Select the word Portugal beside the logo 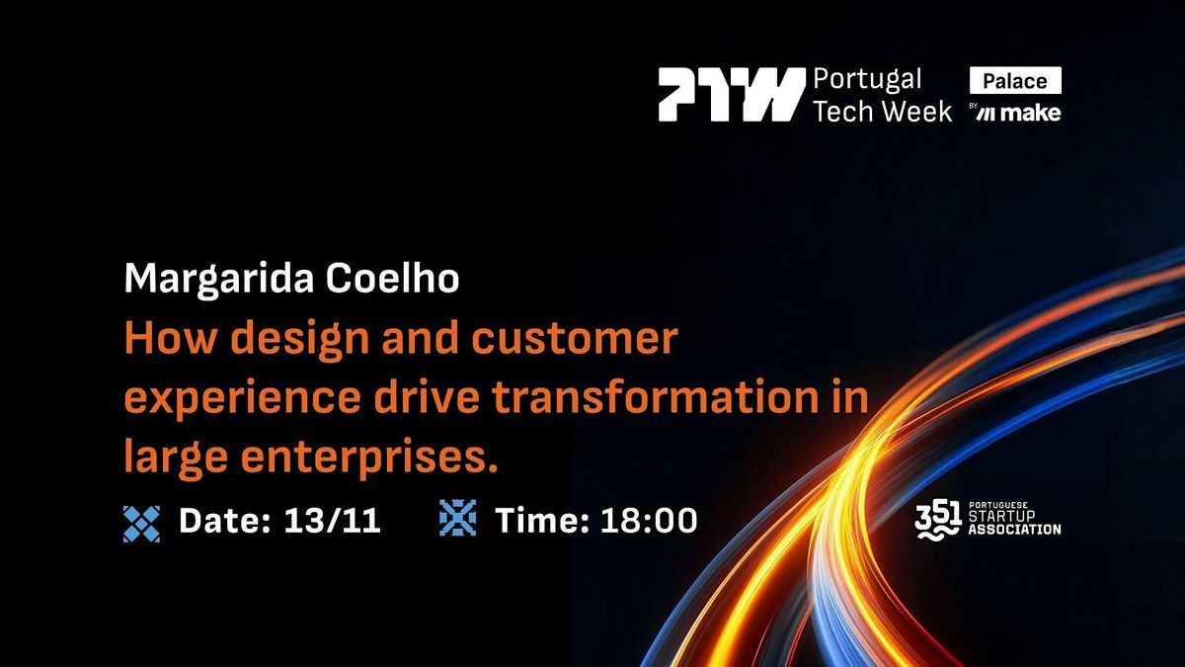tap(866, 79)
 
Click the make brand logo tap(1019, 113)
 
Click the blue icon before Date tap(141, 521)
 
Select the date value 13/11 tap(332, 521)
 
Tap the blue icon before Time tap(457, 518)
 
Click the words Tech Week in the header tap(882, 111)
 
